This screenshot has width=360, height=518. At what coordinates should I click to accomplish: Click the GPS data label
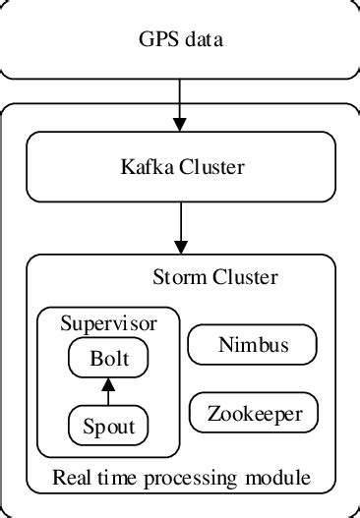[181, 40]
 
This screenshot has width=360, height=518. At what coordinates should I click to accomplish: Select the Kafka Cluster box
[181, 168]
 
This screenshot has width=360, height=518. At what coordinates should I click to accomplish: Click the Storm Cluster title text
[214, 276]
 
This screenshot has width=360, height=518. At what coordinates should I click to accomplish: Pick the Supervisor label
[108, 322]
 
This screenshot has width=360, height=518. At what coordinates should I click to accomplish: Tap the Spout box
[108, 426]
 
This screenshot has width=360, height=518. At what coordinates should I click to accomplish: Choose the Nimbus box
[252, 345]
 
